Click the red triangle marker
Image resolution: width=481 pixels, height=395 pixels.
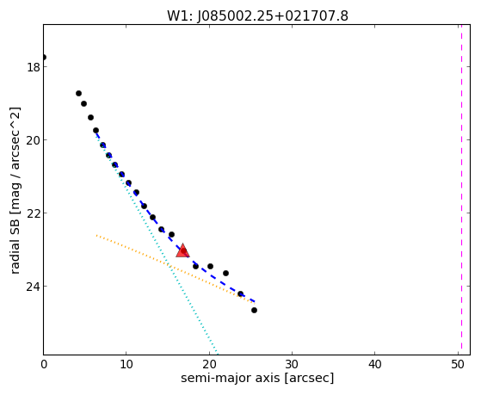(182, 250)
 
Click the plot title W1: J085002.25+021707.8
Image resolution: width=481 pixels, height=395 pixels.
(257, 16)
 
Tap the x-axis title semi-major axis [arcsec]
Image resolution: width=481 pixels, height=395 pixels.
(257, 378)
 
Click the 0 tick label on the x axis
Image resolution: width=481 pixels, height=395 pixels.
(44, 365)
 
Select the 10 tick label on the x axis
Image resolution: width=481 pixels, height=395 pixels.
(126, 365)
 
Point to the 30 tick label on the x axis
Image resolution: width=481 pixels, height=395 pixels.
(292, 365)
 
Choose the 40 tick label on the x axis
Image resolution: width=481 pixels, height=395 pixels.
(374, 365)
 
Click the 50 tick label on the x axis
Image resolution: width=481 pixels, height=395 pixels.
(458, 365)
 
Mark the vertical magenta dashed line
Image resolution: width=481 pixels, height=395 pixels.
(461, 189)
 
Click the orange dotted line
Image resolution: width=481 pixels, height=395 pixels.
(176, 269)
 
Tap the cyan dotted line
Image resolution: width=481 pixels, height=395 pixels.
(157, 243)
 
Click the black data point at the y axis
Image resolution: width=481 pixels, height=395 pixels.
(44, 58)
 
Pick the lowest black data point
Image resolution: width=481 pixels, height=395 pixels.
(254, 311)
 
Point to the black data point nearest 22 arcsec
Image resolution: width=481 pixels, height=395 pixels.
(225, 273)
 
